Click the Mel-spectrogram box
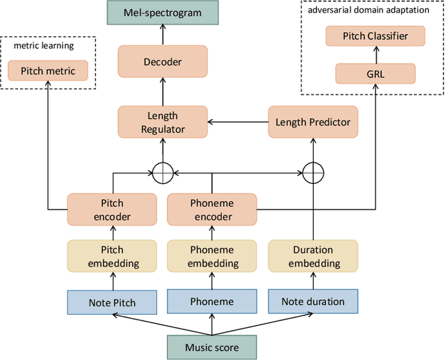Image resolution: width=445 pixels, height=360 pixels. [163, 13]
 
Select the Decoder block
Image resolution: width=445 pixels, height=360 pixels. [163, 61]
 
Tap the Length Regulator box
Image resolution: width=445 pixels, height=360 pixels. [162, 122]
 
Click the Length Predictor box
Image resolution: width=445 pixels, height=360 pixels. [313, 122]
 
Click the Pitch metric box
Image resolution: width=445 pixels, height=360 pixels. [48, 70]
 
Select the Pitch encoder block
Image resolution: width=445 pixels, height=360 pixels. [113, 210]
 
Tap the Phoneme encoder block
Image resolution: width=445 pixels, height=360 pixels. [212, 210]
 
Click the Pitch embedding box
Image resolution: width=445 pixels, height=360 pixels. [113, 256]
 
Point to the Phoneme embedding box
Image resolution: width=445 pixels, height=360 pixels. [212, 256]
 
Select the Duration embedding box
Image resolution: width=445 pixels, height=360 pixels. [313, 256]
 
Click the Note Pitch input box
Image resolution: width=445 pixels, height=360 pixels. [113, 302]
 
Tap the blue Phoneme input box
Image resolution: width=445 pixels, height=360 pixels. [212, 302]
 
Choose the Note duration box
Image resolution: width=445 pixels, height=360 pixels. [313, 302]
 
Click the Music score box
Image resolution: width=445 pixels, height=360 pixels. [212, 347]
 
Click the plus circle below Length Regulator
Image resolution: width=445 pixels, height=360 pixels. [163, 171]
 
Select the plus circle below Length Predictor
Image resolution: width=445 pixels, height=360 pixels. [313, 171]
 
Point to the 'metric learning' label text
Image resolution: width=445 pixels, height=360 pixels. [43, 46]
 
